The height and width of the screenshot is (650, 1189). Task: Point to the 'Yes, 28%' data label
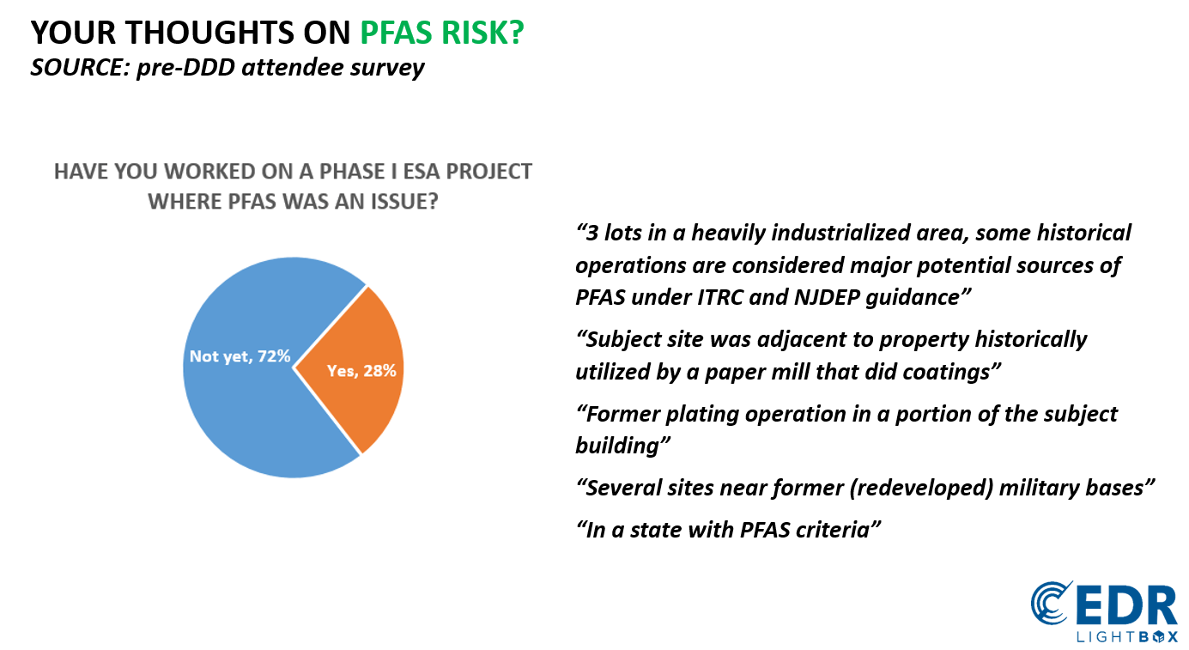click(x=361, y=371)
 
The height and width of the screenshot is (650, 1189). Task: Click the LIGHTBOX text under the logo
click(x=1126, y=635)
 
